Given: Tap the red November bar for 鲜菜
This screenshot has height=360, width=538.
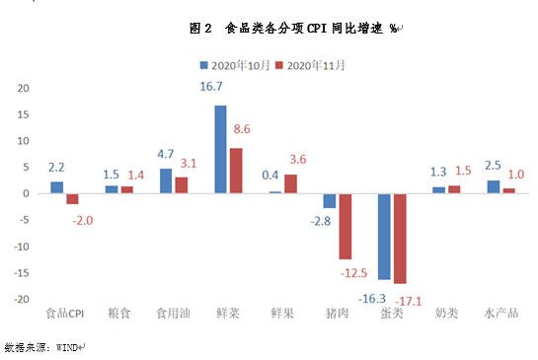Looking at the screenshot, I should (x=235, y=171).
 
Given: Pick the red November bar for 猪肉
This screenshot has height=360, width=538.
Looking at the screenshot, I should (x=345, y=226).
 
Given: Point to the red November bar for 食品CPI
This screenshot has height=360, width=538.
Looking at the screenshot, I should (x=72, y=198).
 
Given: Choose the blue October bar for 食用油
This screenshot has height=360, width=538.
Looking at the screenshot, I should (x=166, y=180).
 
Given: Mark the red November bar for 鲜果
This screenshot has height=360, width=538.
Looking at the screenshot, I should (x=290, y=183).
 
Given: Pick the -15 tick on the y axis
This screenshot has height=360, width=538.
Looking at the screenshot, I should (x=22, y=272).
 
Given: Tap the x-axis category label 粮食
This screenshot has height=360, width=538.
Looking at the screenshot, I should (x=118, y=315).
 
